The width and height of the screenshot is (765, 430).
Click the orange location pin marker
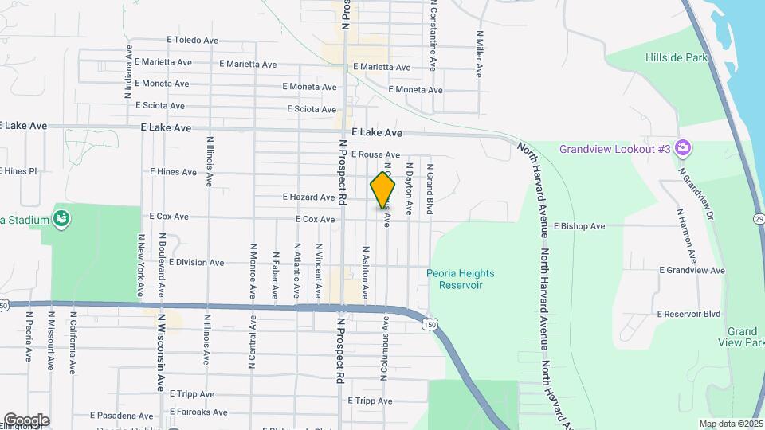point(382,191)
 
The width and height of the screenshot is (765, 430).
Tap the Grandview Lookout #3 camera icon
point(682,148)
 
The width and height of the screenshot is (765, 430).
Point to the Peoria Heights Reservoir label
point(460,279)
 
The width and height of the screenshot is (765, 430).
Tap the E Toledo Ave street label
point(192,40)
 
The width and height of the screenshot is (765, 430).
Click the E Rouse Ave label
point(374,154)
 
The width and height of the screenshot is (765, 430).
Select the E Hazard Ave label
point(308,197)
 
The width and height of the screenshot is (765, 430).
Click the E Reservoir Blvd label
point(688,314)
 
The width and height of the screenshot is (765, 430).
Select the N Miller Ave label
point(480,54)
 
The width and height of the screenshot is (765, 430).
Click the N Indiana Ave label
point(127,72)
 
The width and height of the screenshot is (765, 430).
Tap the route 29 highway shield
point(757,219)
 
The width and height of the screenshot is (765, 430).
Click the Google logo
point(26,420)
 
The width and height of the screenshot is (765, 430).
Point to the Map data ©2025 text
point(732,424)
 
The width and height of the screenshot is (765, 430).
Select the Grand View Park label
point(743,337)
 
